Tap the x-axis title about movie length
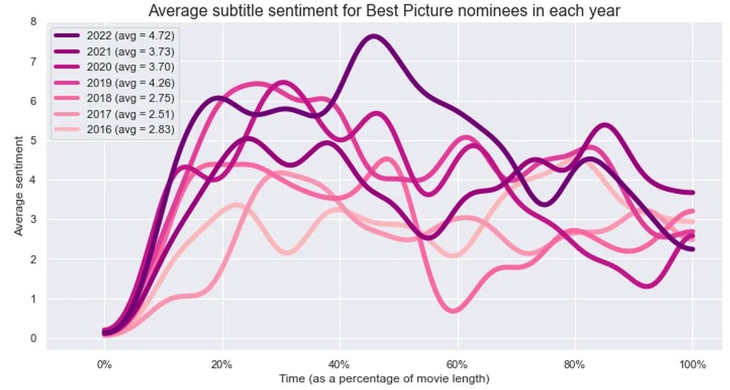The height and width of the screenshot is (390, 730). (384, 379)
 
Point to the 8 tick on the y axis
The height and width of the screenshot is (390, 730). (33, 22)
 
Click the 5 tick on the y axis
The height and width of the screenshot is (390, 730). (33, 141)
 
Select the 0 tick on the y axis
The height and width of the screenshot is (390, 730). (33, 339)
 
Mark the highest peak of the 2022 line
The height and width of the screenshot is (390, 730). (373, 36)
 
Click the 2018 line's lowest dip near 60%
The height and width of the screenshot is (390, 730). (454, 310)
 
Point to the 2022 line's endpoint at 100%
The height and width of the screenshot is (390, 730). (693, 192)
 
